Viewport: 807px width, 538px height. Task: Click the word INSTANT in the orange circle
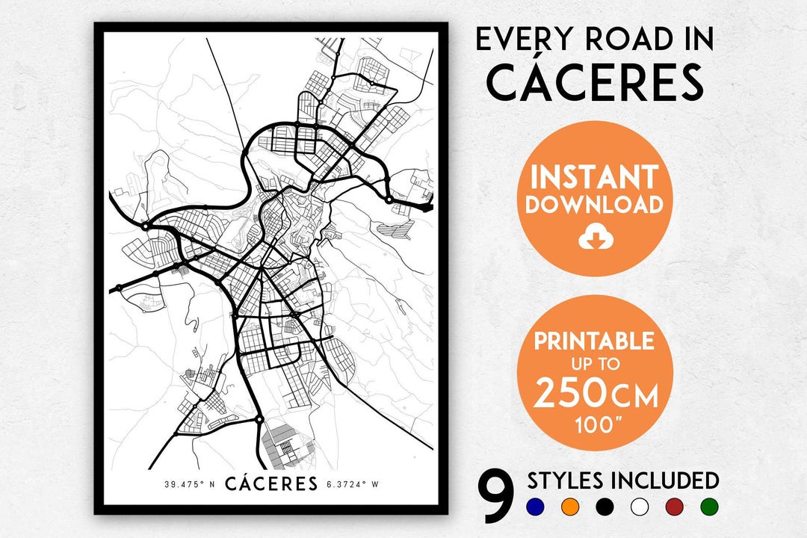click(594, 177)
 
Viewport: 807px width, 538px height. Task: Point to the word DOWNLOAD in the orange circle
click(594, 205)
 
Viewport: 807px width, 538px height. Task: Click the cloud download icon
click(595, 238)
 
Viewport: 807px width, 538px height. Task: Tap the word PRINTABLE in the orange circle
click(594, 341)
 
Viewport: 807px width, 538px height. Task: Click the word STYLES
click(565, 480)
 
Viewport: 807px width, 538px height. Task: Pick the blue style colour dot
click(534, 507)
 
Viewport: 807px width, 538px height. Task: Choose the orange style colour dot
click(569, 507)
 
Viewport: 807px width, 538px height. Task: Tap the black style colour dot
click(605, 507)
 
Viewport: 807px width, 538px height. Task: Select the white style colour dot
click(640, 507)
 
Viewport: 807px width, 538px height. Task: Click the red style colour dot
click(675, 507)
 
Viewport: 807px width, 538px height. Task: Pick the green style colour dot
click(710, 507)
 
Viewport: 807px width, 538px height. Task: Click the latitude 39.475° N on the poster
click(190, 484)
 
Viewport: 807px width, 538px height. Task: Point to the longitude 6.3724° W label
click(353, 484)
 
